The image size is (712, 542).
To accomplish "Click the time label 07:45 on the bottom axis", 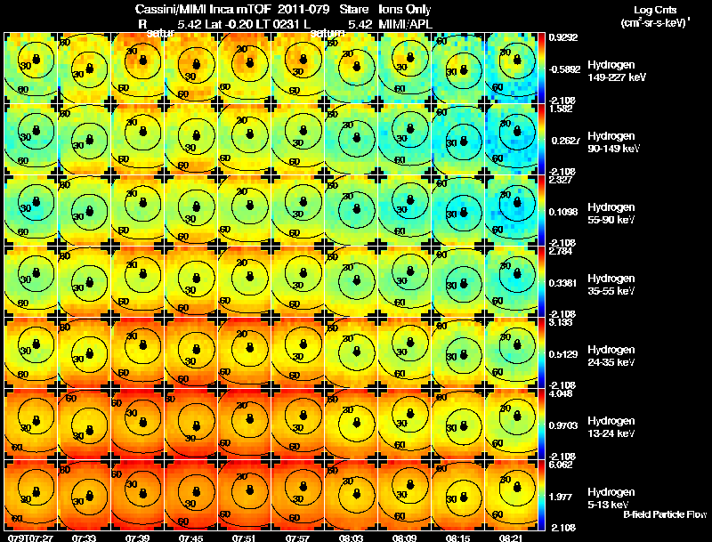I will coord(192,537).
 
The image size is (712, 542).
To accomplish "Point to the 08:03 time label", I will coord(353,537).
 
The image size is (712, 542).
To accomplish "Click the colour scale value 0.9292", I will coord(562,37).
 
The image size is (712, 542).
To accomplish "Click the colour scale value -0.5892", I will coord(565,68).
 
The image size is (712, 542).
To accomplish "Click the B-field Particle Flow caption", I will coord(665,514).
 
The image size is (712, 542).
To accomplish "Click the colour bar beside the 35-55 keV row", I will coord(543,281).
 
